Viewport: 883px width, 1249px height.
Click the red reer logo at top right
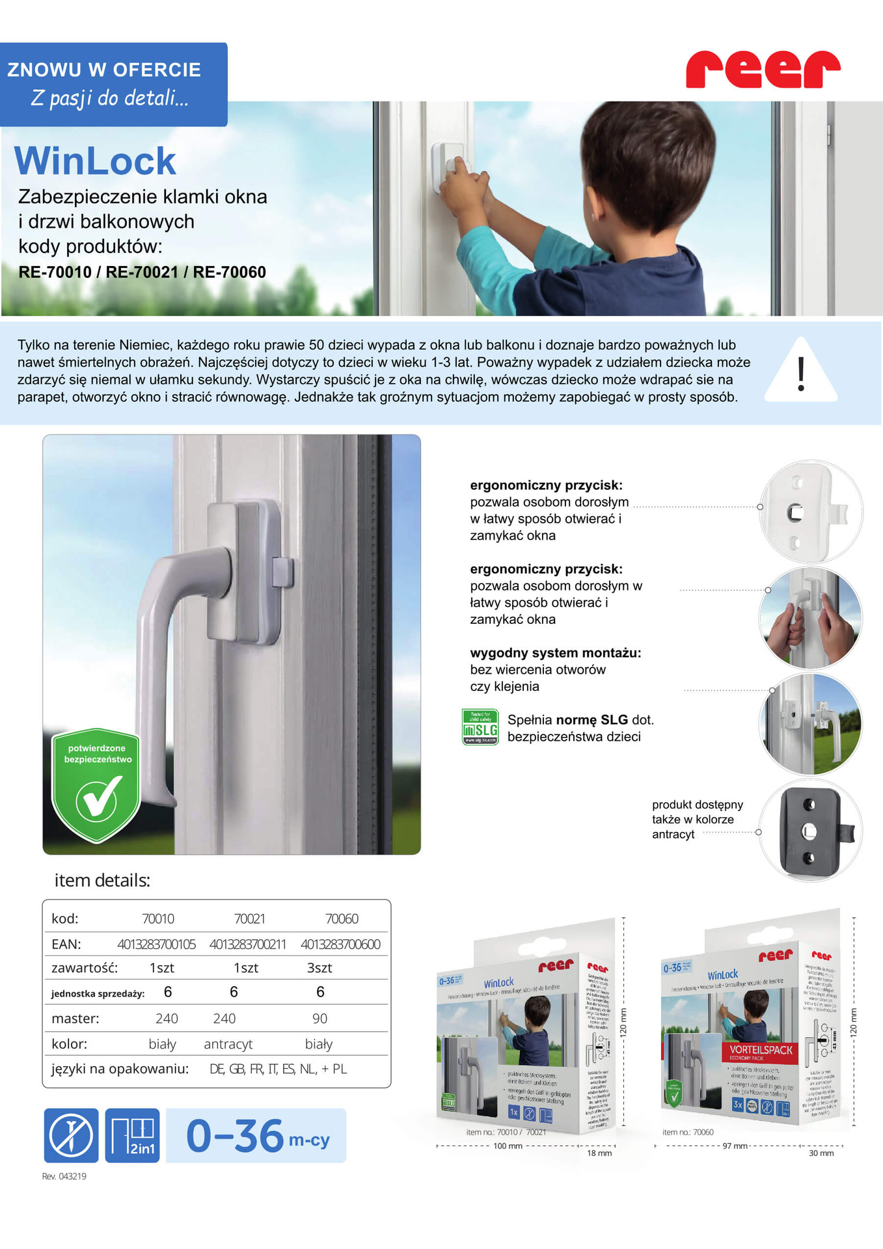[x=763, y=69]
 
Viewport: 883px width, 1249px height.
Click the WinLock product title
[x=95, y=161]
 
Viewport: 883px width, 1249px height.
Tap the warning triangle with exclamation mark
[x=801, y=371]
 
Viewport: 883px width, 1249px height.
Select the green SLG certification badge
[x=480, y=727]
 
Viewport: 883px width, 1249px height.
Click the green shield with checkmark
[x=96, y=785]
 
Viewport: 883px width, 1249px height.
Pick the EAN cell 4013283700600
[x=340, y=944]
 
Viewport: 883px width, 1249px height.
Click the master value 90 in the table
[x=319, y=1018]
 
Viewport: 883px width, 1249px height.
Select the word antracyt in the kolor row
[x=228, y=1043]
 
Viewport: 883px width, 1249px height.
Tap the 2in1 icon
[x=132, y=1135]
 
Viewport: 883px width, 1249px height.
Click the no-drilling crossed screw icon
[x=71, y=1135]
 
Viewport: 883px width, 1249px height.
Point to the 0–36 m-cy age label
[x=256, y=1136]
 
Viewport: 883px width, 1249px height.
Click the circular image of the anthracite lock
[x=810, y=831]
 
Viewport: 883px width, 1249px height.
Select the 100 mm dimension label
[x=508, y=1146]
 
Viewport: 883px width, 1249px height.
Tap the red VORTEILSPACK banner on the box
[x=759, y=1051]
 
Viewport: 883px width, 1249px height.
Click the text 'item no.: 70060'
[x=688, y=1132]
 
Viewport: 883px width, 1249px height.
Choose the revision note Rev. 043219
[x=64, y=1176]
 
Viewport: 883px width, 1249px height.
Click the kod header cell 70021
[x=249, y=919]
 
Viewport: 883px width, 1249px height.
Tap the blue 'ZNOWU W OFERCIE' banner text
[x=104, y=70]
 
